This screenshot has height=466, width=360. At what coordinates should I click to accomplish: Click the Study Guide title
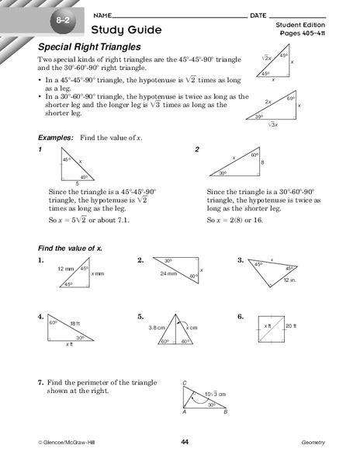click(x=126, y=30)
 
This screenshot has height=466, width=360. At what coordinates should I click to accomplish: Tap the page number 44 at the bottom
click(x=185, y=442)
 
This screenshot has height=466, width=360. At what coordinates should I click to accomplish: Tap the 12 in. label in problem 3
click(x=289, y=279)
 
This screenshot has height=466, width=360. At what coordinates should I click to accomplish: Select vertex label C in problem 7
click(x=184, y=384)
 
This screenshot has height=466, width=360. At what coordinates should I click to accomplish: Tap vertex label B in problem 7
click(x=224, y=413)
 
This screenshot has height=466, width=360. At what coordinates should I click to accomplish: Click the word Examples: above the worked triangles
click(x=57, y=136)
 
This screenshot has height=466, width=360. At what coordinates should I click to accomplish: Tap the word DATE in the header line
click(x=261, y=15)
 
